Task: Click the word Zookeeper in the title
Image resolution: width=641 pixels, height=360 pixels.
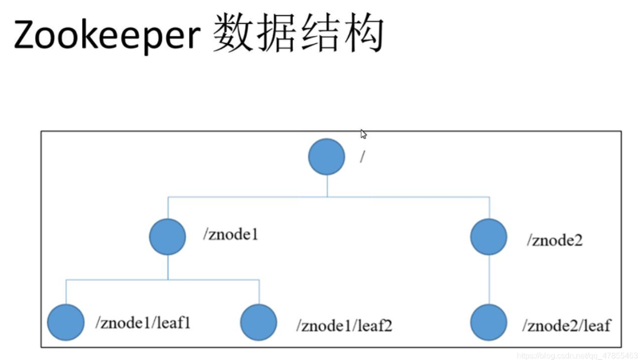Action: (x=106, y=36)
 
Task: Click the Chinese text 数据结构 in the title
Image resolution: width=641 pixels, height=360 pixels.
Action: (x=299, y=34)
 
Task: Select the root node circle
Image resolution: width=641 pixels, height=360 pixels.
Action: (x=326, y=156)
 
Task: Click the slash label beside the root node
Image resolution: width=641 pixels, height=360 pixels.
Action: (x=362, y=156)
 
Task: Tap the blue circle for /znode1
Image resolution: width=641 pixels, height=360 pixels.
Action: (x=168, y=236)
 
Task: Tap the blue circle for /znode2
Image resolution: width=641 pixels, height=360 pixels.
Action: (x=489, y=236)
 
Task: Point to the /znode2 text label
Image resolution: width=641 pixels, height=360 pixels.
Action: (x=555, y=239)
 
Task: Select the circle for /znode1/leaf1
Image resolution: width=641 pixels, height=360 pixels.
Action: (x=65, y=322)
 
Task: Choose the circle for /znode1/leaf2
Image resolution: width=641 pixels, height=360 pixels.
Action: (x=259, y=322)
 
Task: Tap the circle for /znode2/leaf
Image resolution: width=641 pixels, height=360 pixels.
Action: (x=489, y=322)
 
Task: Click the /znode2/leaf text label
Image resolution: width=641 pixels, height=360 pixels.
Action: (x=567, y=325)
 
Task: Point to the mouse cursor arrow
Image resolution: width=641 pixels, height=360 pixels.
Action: (x=363, y=134)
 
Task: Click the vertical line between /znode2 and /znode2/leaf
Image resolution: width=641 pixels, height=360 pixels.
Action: (x=489, y=279)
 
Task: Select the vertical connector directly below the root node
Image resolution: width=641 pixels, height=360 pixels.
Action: (x=327, y=185)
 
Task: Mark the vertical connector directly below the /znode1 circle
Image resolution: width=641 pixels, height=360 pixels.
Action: (x=168, y=267)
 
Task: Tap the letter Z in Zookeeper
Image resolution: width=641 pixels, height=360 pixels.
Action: (x=26, y=36)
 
